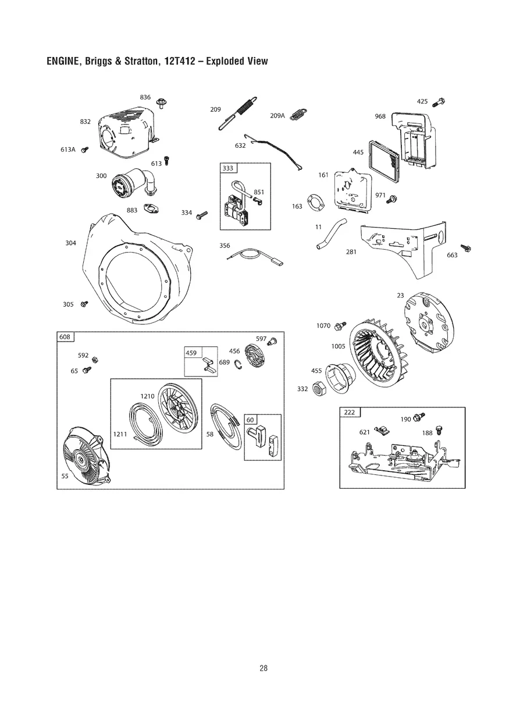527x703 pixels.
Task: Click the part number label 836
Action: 145,97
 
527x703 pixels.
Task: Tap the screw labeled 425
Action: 440,102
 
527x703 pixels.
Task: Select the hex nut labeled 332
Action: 318,388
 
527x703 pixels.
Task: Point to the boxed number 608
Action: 65,337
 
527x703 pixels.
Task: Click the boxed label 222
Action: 349,413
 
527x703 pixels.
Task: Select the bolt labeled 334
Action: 202,215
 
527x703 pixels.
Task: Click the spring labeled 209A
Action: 298,115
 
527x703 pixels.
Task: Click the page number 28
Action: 263,668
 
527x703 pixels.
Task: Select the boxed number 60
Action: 250,420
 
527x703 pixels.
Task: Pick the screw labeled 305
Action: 84,303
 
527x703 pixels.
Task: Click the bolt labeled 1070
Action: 341,324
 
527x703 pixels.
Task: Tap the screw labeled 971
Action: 393,198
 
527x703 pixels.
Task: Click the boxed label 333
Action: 227,168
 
